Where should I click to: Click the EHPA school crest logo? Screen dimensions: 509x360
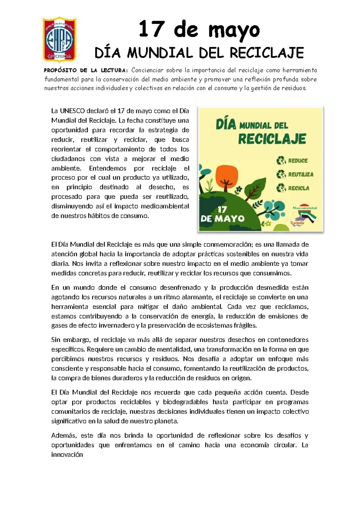(60, 39)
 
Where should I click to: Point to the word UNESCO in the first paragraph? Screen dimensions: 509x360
(72, 111)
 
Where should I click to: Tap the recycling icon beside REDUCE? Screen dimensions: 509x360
(281, 161)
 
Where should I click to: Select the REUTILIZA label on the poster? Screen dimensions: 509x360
(301, 174)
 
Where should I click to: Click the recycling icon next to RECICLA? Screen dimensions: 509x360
(281, 188)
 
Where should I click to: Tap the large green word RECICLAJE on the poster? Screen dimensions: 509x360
(272, 139)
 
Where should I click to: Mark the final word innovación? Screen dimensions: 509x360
(67, 455)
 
